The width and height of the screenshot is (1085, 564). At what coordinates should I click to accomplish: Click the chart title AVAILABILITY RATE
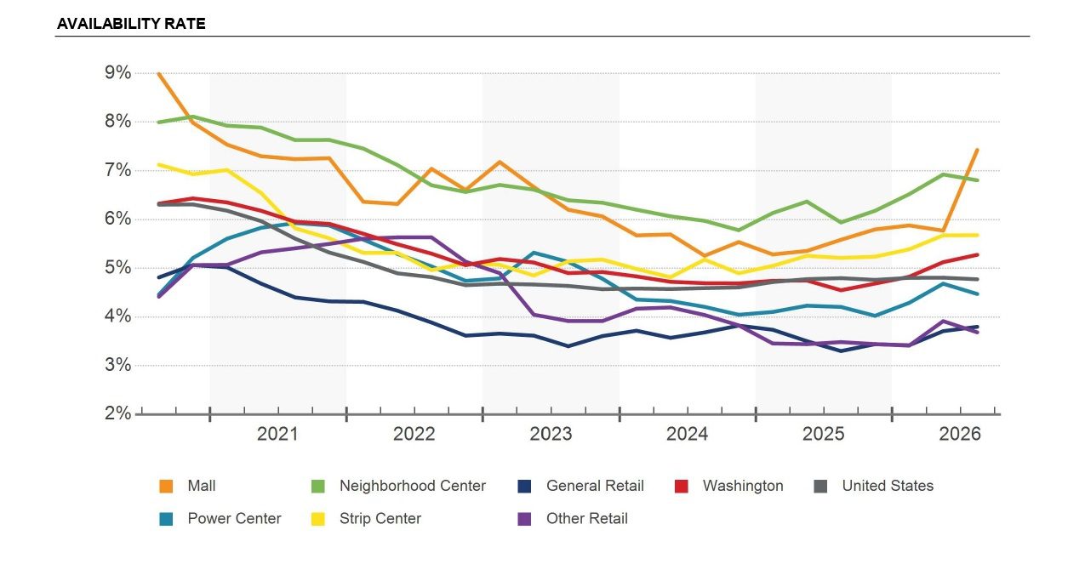click(131, 24)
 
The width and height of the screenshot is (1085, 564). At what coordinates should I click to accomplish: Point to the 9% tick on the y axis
click(117, 72)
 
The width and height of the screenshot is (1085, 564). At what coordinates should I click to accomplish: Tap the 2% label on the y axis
click(117, 413)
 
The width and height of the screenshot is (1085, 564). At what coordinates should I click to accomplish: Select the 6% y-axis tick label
click(117, 219)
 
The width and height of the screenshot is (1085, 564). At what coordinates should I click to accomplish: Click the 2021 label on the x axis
click(277, 434)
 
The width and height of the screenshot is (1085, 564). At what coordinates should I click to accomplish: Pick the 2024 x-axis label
click(687, 434)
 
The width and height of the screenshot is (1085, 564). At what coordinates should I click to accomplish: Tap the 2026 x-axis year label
click(960, 434)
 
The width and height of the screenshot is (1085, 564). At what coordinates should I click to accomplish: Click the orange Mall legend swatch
click(166, 486)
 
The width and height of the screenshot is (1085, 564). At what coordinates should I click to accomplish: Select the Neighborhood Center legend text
click(412, 486)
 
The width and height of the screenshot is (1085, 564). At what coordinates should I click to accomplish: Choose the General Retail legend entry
click(580, 486)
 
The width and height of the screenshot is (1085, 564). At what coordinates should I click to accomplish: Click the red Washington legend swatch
click(682, 486)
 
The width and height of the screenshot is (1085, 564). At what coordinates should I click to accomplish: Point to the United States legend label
click(888, 486)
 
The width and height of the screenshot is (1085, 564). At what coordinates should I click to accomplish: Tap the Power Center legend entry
click(220, 519)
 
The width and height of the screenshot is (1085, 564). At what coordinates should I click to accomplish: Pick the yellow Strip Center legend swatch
click(317, 519)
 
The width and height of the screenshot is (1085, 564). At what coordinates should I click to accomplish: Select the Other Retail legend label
click(587, 519)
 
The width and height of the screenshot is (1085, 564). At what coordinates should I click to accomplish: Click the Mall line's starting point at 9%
click(159, 74)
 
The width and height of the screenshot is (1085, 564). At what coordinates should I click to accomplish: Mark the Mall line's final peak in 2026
click(977, 150)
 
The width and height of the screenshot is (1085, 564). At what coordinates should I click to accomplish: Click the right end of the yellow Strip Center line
click(977, 236)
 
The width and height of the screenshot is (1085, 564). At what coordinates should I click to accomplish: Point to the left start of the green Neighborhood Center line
click(159, 122)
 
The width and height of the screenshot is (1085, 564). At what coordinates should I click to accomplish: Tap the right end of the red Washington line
click(977, 254)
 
